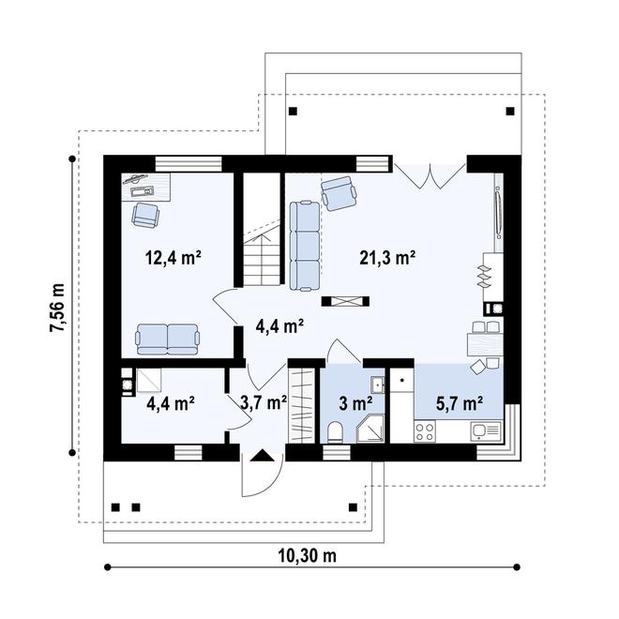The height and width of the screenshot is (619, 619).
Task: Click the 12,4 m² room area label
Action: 174,258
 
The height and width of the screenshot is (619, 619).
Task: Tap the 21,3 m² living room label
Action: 387,258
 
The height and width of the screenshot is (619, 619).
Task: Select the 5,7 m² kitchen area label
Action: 460,403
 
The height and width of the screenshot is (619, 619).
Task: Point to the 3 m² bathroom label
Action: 355,403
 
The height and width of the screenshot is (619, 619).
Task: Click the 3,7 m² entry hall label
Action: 264,403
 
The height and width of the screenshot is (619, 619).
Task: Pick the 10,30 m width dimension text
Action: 308,556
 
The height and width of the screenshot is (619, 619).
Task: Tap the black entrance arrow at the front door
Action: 262,456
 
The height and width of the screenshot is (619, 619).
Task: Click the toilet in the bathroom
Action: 336,431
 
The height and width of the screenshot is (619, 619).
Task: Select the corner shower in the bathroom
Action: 370,429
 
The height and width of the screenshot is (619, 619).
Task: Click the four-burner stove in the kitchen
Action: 425,431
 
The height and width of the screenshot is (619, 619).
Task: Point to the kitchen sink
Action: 486,430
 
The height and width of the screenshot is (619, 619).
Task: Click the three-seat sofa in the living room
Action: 305,246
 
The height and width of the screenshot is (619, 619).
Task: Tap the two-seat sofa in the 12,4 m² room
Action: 167,340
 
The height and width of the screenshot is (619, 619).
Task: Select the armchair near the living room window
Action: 340,193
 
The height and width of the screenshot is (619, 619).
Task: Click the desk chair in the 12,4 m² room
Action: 145,215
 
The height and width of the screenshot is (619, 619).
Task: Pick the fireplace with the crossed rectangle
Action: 345,302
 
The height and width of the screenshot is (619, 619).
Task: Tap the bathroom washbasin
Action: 377,385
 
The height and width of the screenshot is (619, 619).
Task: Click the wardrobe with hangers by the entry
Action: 302,405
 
